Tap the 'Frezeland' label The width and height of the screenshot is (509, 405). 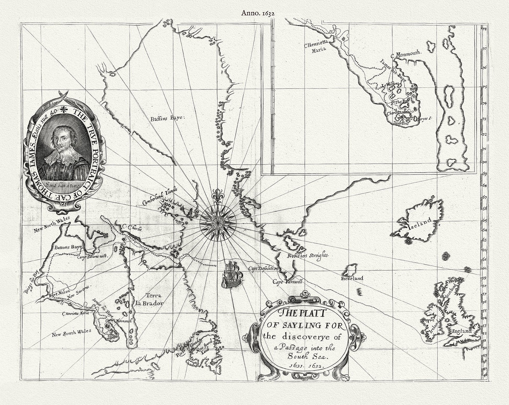click(x=352, y=278)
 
